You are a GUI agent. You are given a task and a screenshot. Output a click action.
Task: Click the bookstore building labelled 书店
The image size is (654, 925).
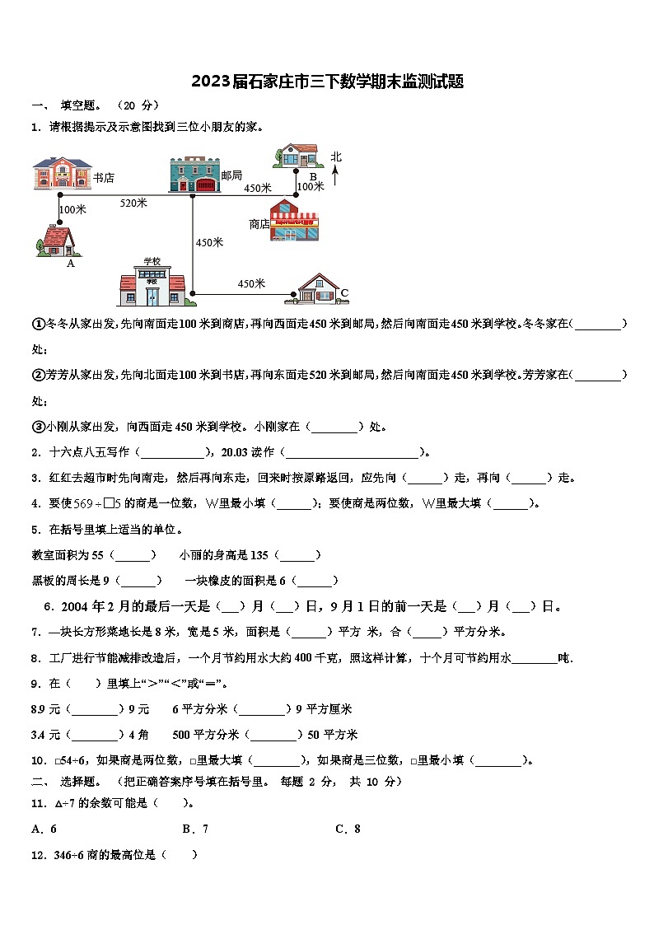(62, 174)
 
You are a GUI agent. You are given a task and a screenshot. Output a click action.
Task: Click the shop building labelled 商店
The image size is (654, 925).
(294, 220)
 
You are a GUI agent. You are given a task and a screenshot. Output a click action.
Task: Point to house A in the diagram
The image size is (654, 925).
(56, 240)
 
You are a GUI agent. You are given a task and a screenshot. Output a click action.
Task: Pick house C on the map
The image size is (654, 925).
(317, 289)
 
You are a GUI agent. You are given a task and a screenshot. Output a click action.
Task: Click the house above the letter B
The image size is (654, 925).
(297, 157)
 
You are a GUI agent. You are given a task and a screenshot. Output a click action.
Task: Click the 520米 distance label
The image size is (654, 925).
(133, 203)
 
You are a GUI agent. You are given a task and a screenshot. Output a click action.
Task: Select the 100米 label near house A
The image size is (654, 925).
(73, 209)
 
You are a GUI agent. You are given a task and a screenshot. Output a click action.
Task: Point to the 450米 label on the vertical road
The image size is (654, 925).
(209, 242)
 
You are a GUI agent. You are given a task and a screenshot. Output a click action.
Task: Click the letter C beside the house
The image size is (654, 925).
(344, 293)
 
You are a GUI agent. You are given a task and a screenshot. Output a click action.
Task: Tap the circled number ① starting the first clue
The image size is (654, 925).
(38, 325)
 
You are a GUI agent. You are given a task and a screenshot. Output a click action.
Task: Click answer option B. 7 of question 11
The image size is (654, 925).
(195, 829)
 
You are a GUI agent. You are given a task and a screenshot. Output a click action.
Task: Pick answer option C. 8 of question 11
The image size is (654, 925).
(348, 829)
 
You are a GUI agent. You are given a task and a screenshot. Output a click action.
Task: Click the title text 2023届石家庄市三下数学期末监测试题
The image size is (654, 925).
(327, 82)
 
